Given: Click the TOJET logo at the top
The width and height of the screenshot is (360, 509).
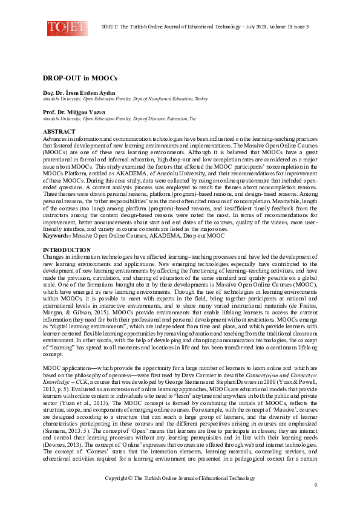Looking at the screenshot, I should click(67, 28).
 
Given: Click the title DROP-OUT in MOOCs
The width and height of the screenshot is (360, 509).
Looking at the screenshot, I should click(71, 78).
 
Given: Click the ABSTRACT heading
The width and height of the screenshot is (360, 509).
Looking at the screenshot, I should click(59, 131).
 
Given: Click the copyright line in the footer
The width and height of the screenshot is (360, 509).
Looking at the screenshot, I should click(179, 478).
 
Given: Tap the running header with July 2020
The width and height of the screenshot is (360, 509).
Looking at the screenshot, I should click(205, 27).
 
